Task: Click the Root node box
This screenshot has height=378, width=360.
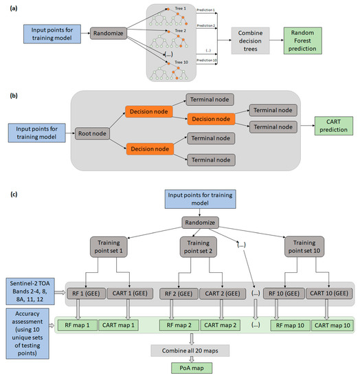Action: pyautogui.click(x=94, y=127)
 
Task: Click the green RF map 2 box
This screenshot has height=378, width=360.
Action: pyautogui.click(x=179, y=323)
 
